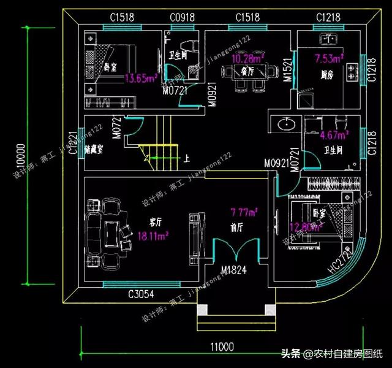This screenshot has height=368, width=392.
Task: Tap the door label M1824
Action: pos(235,271)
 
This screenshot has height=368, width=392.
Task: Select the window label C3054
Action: pos(141,295)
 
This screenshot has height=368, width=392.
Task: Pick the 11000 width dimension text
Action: pos(222,347)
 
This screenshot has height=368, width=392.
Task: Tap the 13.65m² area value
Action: pos(141,78)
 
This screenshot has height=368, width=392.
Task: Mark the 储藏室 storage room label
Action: pos(94,149)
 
